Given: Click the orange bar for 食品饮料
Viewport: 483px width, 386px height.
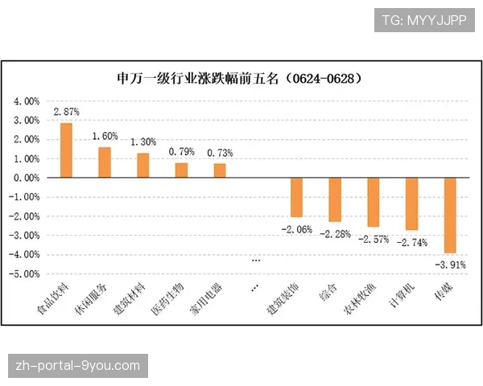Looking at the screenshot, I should coord(66,150).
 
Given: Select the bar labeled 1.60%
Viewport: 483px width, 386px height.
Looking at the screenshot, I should coord(105,162).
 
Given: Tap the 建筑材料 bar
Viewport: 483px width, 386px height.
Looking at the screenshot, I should coord(143,165).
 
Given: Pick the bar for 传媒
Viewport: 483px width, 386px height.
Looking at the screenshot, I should coord(450,215).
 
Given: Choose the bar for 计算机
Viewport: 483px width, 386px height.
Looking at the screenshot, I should coord(411,203).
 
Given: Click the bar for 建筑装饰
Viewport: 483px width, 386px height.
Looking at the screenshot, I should coord(296,197).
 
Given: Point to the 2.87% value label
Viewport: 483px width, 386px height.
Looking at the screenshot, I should coord(66,112).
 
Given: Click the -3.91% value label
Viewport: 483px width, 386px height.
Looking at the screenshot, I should coord(450,264).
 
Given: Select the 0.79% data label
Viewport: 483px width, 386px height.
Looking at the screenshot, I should coord(181,151).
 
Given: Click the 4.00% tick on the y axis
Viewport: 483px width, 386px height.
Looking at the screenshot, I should coord(27,101).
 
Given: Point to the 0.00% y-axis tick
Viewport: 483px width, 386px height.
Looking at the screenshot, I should coord(27,178).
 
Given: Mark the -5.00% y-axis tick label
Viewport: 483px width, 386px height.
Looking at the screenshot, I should coord(25,273).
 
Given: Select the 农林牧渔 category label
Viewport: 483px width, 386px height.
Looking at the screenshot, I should coord(363,298).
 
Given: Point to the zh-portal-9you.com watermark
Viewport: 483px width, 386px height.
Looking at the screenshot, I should coord(77,366).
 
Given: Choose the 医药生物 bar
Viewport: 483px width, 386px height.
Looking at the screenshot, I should coord(181,170).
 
